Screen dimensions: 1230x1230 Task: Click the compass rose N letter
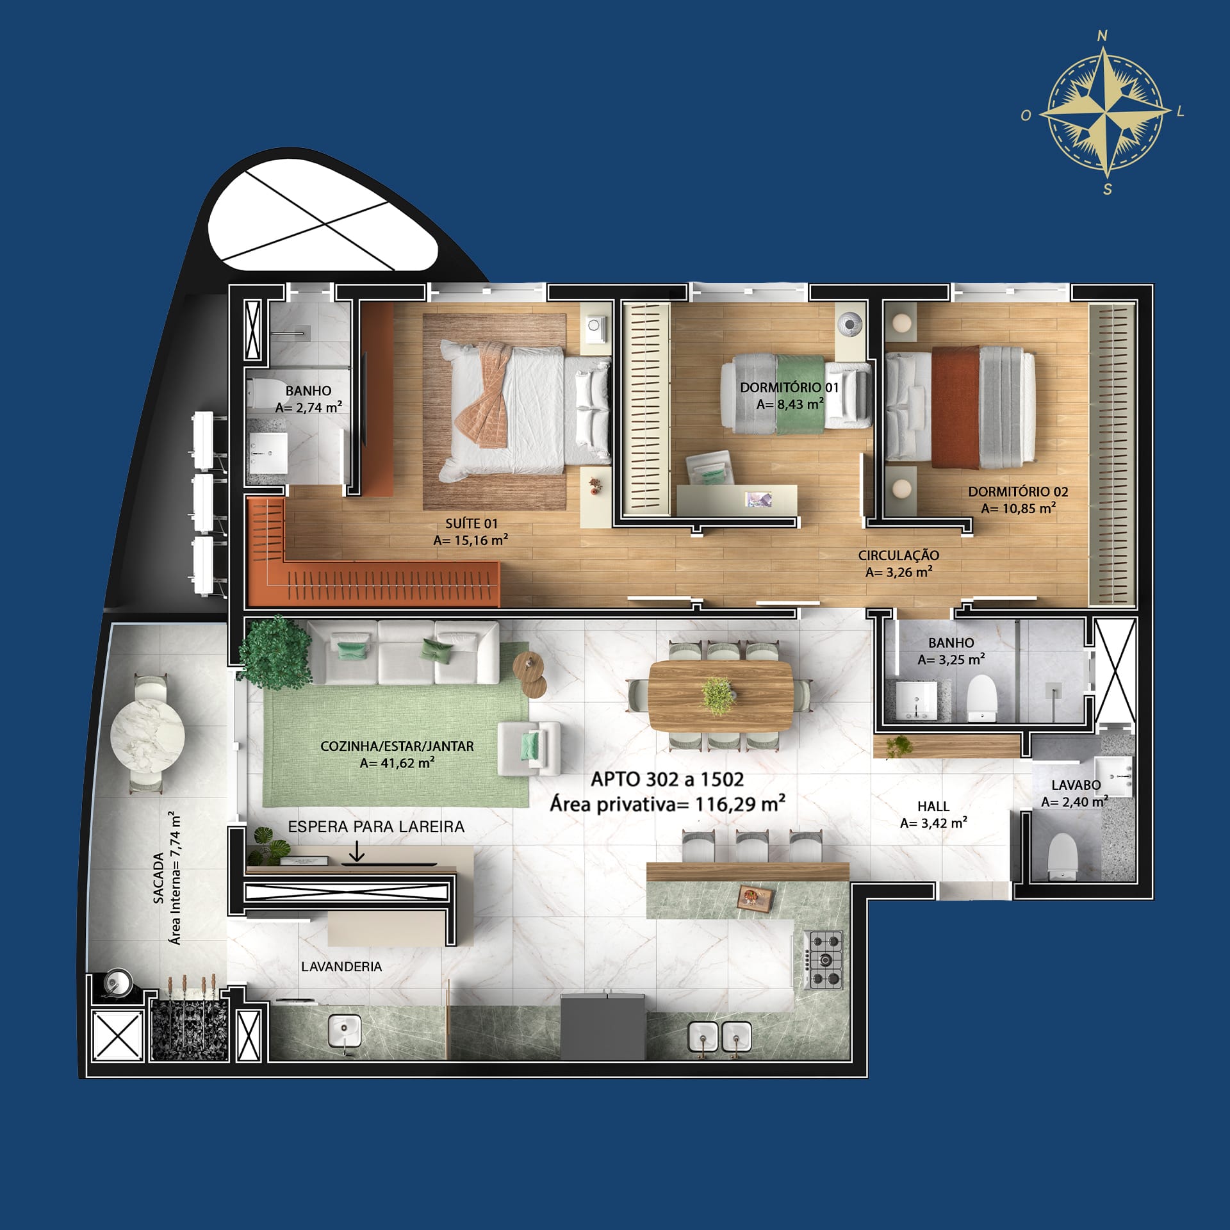(x=1103, y=36)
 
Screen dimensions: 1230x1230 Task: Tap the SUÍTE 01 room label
(x=471, y=523)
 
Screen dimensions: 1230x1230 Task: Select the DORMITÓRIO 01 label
(x=789, y=388)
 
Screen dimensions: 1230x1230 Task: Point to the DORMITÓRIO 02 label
(x=1018, y=492)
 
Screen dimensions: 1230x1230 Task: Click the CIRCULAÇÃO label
(x=899, y=555)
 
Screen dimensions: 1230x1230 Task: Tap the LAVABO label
(x=1076, y=785)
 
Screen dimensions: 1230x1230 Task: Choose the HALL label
(x=933, y=807)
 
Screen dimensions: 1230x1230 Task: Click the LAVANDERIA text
(x=341, y=967)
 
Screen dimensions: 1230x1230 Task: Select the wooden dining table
(x=721, y=695)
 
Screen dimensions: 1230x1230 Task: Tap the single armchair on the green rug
(x=529, y=748)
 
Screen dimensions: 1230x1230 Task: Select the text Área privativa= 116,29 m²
(x=668, y=804)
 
